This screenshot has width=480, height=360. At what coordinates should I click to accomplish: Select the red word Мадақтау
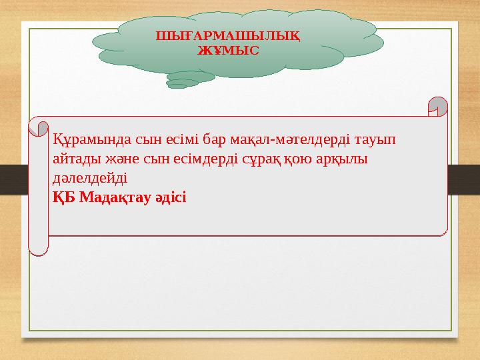(114, 197)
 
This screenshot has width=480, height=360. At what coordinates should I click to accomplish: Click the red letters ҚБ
(64, 197)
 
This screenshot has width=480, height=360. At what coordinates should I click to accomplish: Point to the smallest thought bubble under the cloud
(177, 86)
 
